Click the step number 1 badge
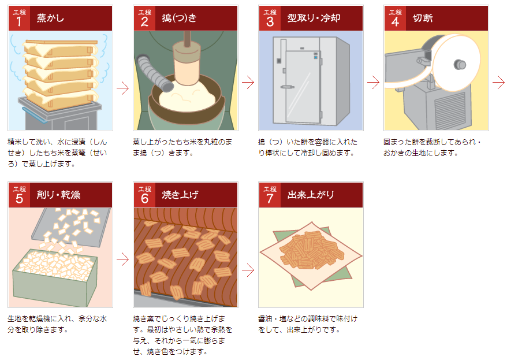click(x=18, y=18)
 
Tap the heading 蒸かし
click(x=50, y=18)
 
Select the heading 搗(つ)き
click(x=180, y=18)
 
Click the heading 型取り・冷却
click(x=314, y=18)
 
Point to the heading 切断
click(x=423, y=18)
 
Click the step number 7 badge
click(x=269, y=195)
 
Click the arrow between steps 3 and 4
click(x=373, y=83)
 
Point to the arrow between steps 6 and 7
click(x=248, y=269)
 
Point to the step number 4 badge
click(x=395, y=18)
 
